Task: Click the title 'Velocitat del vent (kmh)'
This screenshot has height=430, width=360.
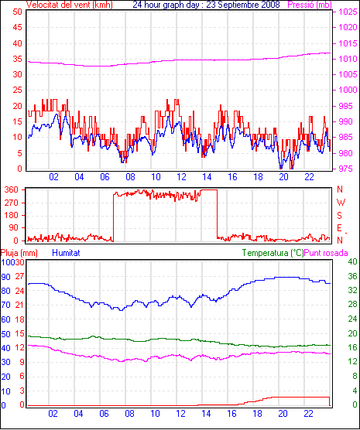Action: pyautogui.click(x=70, y=5)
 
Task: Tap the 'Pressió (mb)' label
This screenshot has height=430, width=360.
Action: pyautogui.click(x=310, y=5)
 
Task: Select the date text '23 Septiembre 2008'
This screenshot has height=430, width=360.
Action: pyautogui.click(x=243, y=5)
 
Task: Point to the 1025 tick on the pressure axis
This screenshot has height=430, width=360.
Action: pyautogui.click(x=348, y=12)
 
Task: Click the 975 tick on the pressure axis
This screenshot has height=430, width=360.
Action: pyautogui.click(x=346, y=169)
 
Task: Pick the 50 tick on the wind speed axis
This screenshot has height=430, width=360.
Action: pyautogui.click(x=17, y=12)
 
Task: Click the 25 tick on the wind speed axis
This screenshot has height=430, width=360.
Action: pyautogui.click(x=17, y=90)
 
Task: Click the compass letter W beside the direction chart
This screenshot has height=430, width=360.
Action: pyautogui.click(x=341, y=203)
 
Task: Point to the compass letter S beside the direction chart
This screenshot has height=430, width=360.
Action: pyautogui.click(x=340, y=216)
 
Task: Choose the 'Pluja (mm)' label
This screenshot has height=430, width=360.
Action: pyautogui.click(x=19, y=253)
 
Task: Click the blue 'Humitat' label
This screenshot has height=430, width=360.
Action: pyautogui.click(x=66, y=253)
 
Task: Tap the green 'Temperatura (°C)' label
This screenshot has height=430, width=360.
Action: pyautogui.click(x=273, y=253)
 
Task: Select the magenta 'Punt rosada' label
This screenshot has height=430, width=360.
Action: pyautogui.click(x=326, y=253)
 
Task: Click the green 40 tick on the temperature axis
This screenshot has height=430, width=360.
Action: pyautogui.click(x=352, y=261)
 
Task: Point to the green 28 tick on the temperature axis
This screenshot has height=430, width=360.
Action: pyautogui.click(x=352, y=304)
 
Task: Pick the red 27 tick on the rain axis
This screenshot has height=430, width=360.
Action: pyautogui.click(x=19, y=276)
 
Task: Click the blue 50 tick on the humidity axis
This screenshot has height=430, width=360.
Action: pyautogui.click(x=5, y=334)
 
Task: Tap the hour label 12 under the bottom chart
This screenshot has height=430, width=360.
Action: pyautogui.click(x=180, y=413)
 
